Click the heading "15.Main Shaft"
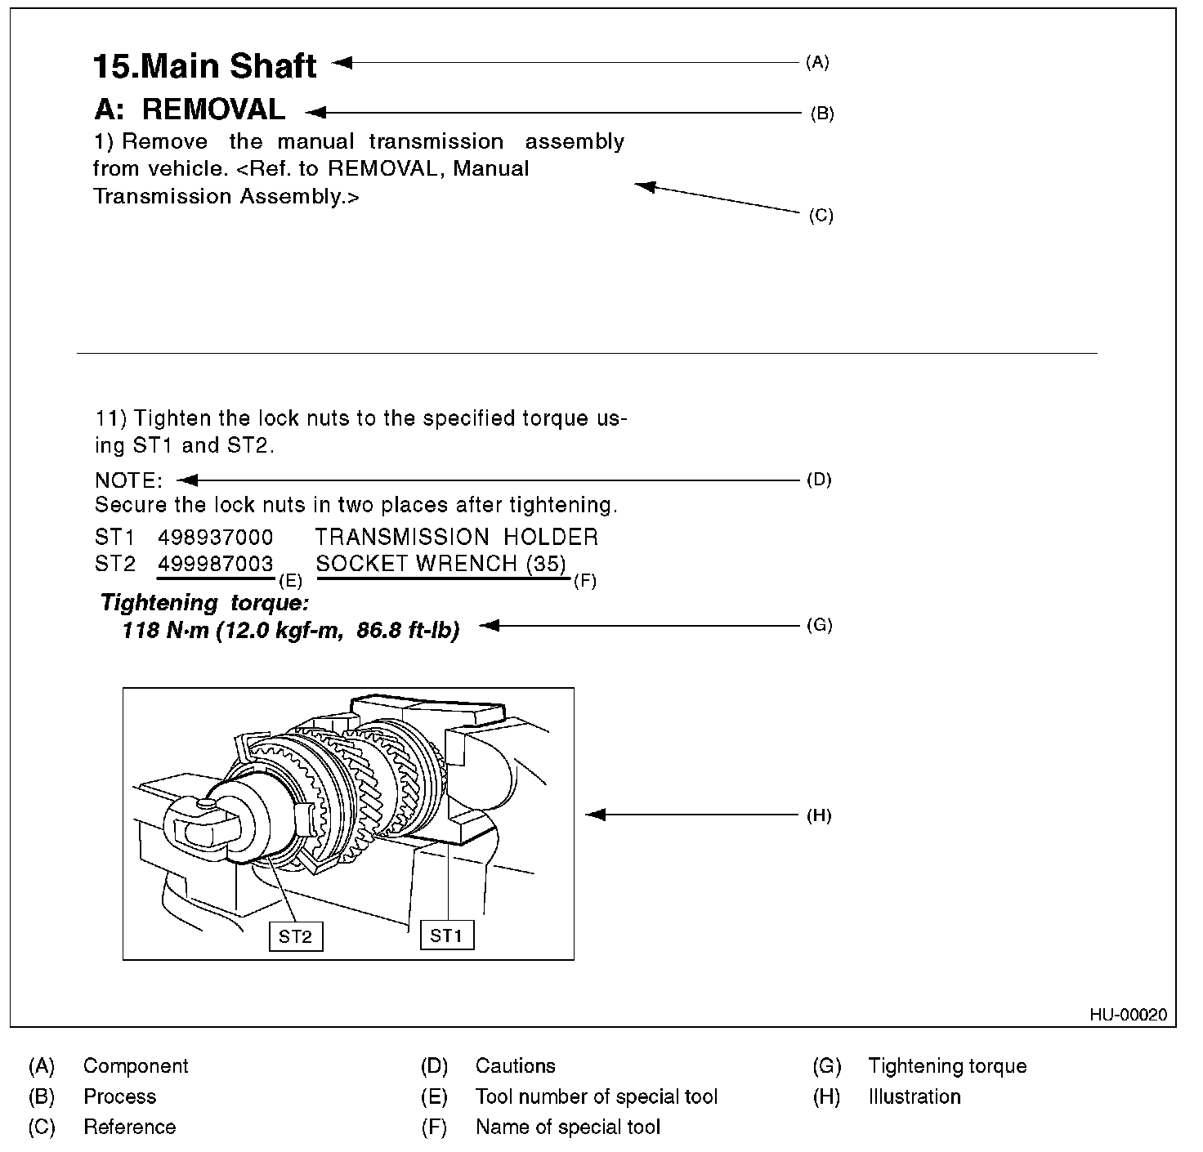pyautogui.click(x=204, y=65)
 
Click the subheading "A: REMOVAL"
pyautogui.click(x=190, y=109)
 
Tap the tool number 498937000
pyautogui.click(x=216, y=537)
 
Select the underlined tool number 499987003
pyautogui.click(x=216, y=564)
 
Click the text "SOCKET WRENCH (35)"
pyautogui.click(x=441, y=564)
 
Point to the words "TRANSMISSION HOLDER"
pyautogui.click(x=456, y=537)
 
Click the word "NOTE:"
pyautogui.click(x=129, y=480)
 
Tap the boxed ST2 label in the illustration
pyautogui.click(x=295, y=936)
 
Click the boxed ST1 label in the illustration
pyautogui.click(x=446, y=935)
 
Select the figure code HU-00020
pyautogui.click(x=1128, y=1015)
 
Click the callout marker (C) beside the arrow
pyautogui.click(x=821, y=216)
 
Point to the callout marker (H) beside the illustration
pyautogui.click(x=819, y=815)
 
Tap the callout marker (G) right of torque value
pyautogui.click(x=819, y=625)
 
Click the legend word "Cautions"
pyautogui.click(x=515, y=1066)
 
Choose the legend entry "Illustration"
pyautogui.click(x=914, y=1096)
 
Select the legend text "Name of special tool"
pyautogui.click(x=567, y=1127)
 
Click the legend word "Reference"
pyautogui.click(x=129, y=1127)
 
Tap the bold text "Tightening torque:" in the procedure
pyautogui.click(x=204, y=604)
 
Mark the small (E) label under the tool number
pyautogui.click(x=290, y=582)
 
